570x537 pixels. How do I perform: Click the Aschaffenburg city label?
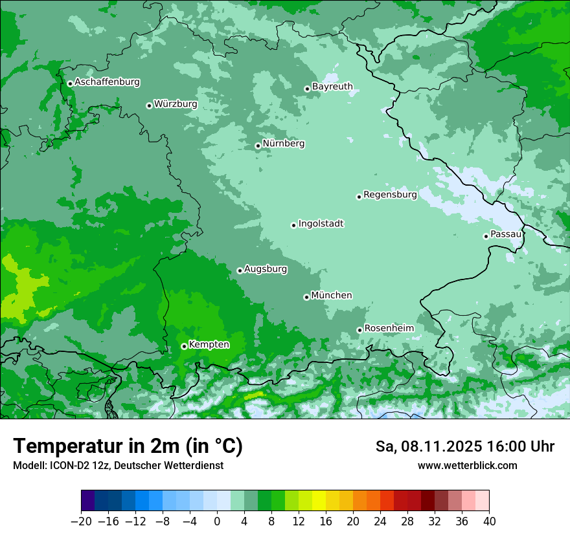pos(107,82)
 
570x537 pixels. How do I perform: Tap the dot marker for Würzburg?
pos(149,105)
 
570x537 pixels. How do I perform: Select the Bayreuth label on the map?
pos(332,86)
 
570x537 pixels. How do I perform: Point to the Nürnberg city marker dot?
pos(258,146)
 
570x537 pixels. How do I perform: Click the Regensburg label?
pos(390,194)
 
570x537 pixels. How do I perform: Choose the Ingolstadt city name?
pos(321,224)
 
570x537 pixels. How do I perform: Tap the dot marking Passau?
pos(486,236)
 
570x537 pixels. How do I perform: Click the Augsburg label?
pos(265,269)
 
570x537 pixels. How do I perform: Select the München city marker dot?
pos(306,297)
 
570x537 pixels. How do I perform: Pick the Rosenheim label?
pos(389,328)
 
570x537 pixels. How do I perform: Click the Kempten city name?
pos(209,344)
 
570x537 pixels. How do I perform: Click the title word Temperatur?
pos(69,446)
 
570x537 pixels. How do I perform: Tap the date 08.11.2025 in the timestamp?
pos(440,446)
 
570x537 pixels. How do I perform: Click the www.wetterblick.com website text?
pos(467,465)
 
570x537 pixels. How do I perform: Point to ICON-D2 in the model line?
pos(71,465)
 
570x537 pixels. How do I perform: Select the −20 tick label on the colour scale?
pos(81,521)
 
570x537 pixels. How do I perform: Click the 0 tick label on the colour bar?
pos(217,521)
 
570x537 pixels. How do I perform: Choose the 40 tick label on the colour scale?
pos(489,521)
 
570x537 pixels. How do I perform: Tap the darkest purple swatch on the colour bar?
pos(88,501)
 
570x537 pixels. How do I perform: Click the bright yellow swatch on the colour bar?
pos(319,501)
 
